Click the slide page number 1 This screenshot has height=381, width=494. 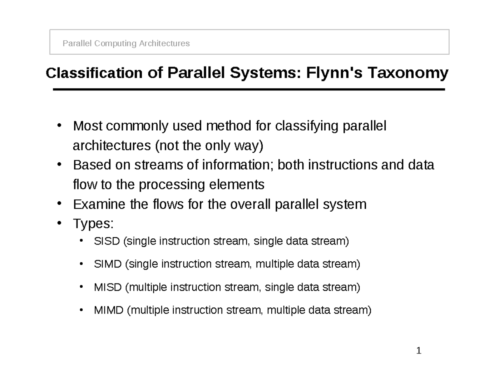pyautogui.click(x=418, y=351)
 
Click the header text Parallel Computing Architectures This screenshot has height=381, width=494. pyautogui.click(x=126, y=44)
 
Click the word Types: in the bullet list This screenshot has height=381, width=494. pyautogui.click(x=93, y=224)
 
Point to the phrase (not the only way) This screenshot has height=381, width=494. pyautogui.click(x=208, y=146)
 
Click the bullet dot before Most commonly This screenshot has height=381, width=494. pyautogui.click(x=59, y=125)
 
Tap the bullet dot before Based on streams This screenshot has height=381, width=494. pyautogui.click(x=59, y=164)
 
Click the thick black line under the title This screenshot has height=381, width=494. pyautogui.click(x=249, y=90)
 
